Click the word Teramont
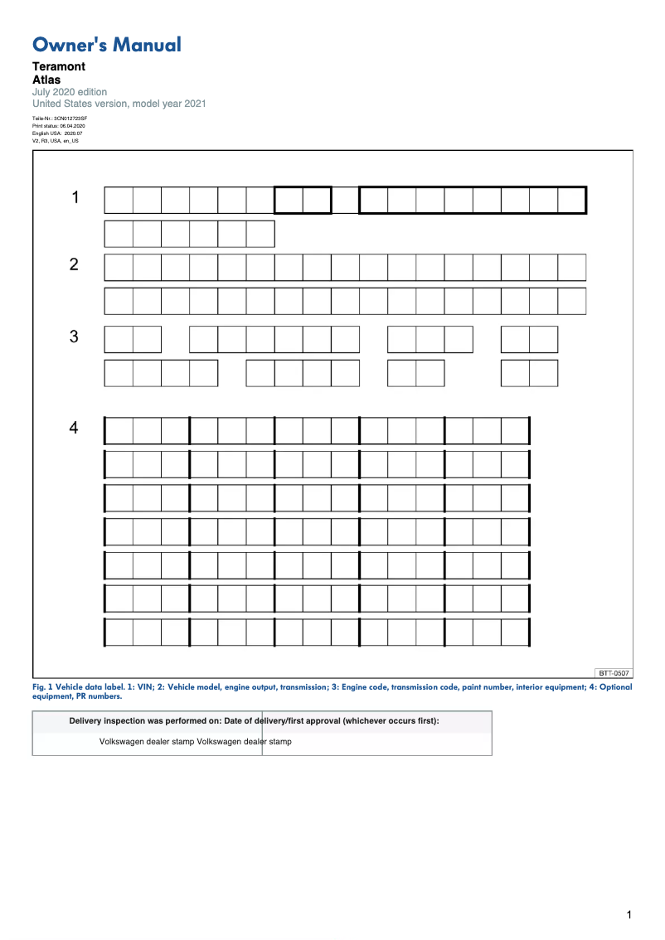tap(59, 66)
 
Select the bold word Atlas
tap(46, 80)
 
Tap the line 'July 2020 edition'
tap(70, 92)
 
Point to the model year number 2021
tap(194, 104)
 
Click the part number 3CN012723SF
tap(70, 119)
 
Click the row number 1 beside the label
tap(75, 197)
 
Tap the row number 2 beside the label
tap(74, 264)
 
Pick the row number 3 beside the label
tap(74, 337)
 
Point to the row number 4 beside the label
tap(74, 428)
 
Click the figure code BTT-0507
tap(614, 672)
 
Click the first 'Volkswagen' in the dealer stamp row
tap(122, 742)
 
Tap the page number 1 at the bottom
tap(629, 915)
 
